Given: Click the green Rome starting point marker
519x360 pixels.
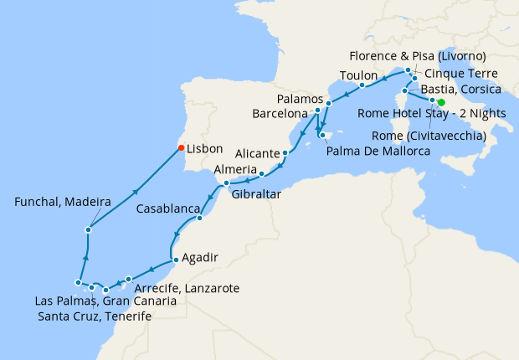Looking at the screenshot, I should click(441, 102).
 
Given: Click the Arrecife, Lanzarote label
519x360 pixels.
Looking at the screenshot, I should click(187, 288).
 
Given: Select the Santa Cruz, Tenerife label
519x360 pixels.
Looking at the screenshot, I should click(95, 316).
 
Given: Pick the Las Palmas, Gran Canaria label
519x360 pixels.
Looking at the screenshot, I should click(105, 301).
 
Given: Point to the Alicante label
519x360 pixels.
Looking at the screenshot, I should click(258, 154).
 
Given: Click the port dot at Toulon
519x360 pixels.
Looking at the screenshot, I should click(361, 85).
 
